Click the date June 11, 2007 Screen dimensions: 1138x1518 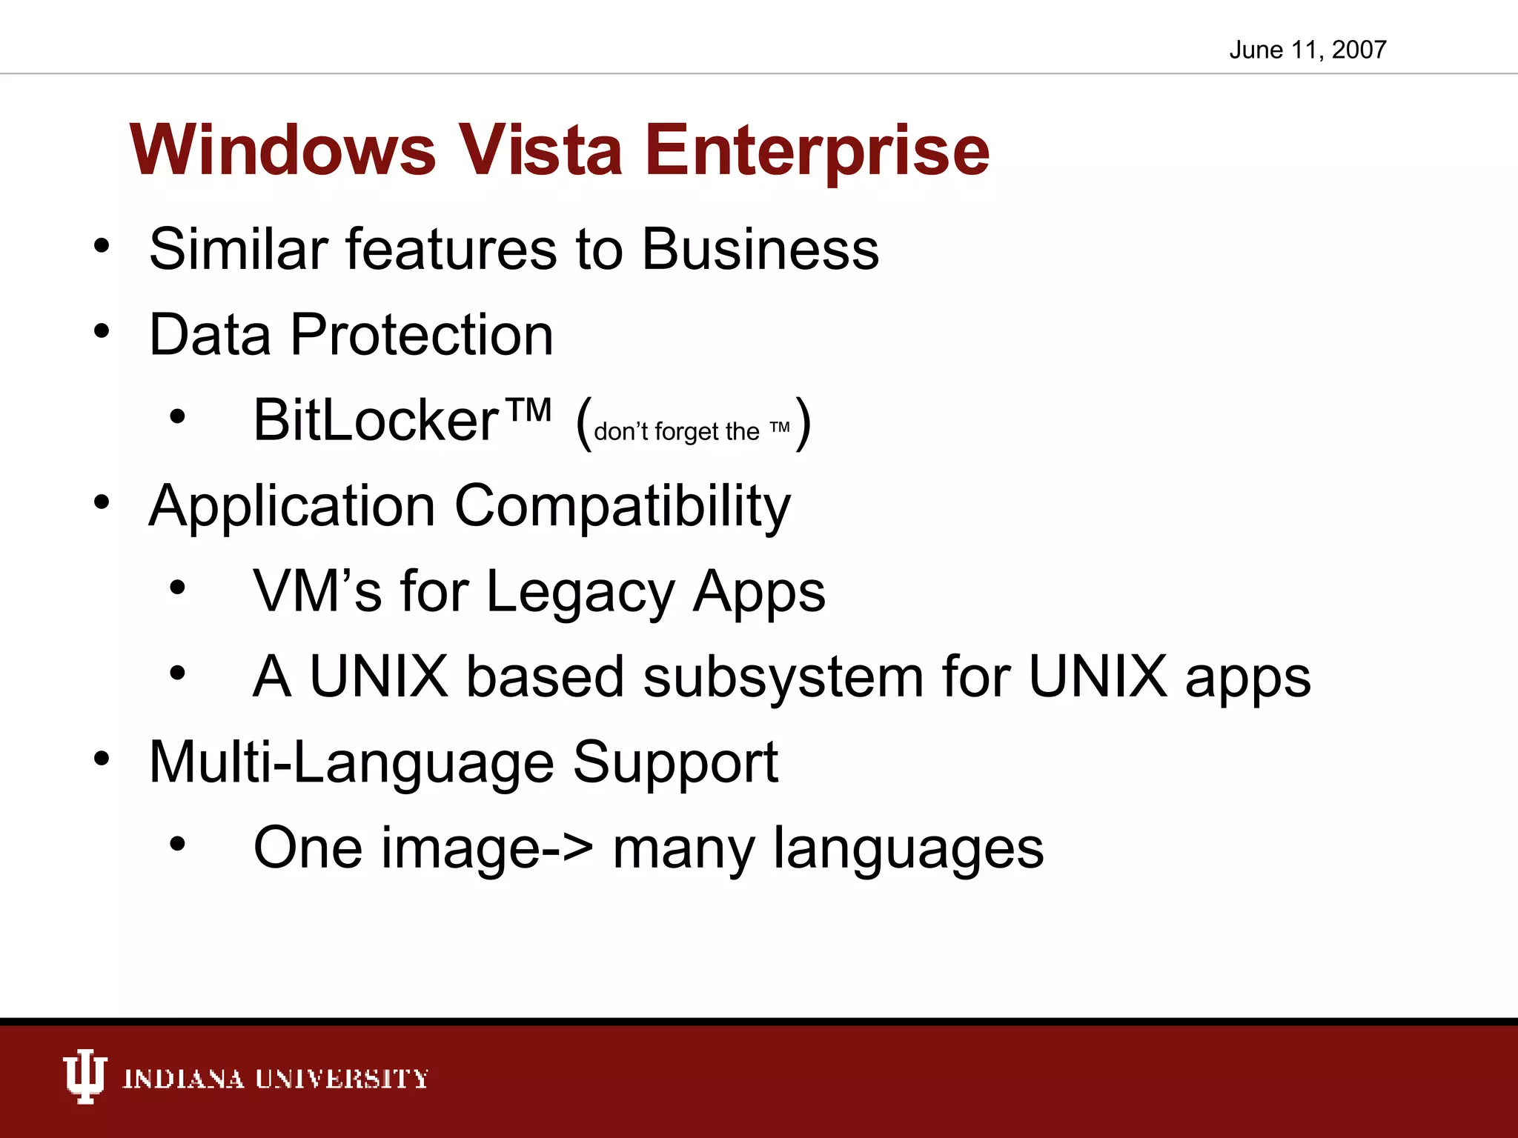1307,50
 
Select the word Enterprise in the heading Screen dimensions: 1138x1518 818,152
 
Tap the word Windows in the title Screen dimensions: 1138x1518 282,150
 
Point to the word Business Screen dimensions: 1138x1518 760,249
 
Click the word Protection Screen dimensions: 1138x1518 421,335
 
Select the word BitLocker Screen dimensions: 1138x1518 376,420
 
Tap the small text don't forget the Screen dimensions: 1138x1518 676,431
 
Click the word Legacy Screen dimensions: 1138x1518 580,592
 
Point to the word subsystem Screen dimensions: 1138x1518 783,678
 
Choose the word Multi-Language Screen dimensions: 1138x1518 351,762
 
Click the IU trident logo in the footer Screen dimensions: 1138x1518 84,1077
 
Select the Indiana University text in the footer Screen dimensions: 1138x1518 275,1079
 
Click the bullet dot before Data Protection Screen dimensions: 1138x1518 102,331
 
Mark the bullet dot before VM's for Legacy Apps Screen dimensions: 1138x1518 177,588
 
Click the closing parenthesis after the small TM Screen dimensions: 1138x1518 803,423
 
